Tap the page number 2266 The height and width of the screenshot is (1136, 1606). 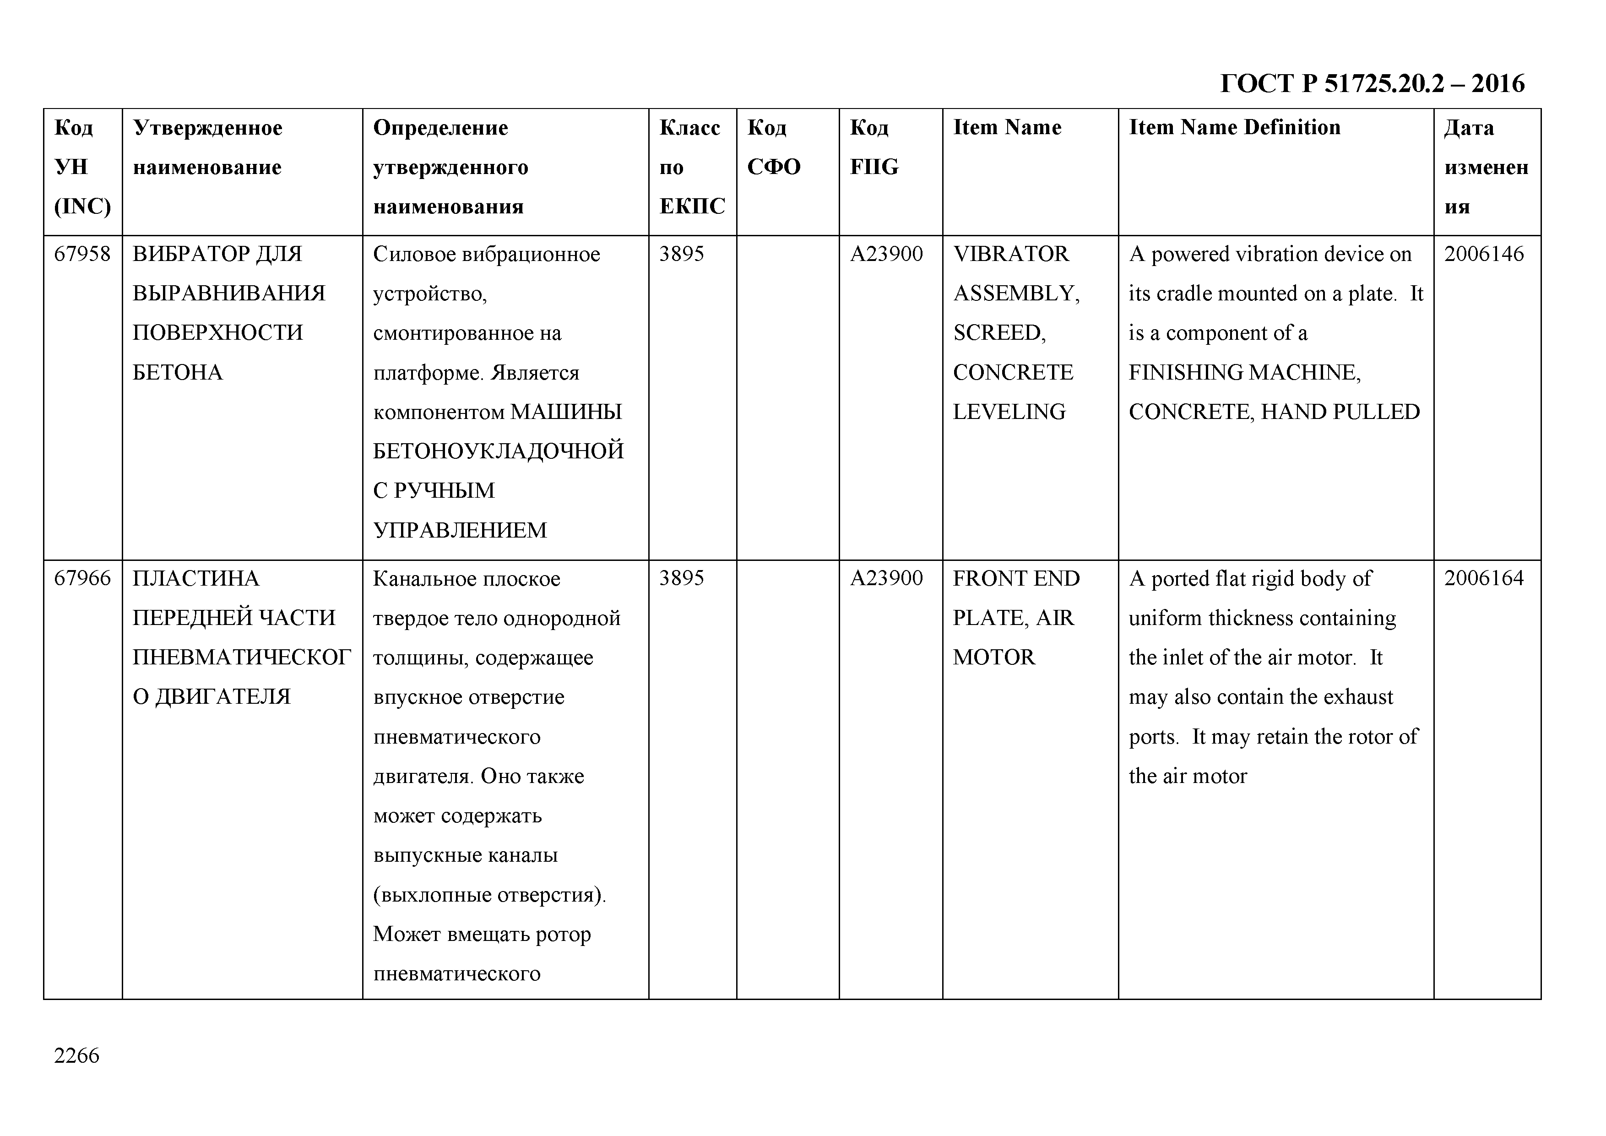(76, 1055)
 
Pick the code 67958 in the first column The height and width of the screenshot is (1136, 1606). (82, 254)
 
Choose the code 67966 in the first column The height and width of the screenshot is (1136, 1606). (82, 578)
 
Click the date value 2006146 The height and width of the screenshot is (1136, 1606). (1484, 254)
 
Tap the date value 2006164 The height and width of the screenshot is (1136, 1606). (1484, 578)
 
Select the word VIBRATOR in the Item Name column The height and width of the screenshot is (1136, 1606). (1011, 254)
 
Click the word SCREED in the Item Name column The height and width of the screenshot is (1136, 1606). (998, 333)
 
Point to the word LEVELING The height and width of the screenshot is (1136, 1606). (1009, 412)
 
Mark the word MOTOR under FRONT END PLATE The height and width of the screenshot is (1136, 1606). (993, 658)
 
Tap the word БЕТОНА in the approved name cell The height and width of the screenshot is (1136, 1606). (177, 373)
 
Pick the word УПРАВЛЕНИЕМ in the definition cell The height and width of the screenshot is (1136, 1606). (460, 530)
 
